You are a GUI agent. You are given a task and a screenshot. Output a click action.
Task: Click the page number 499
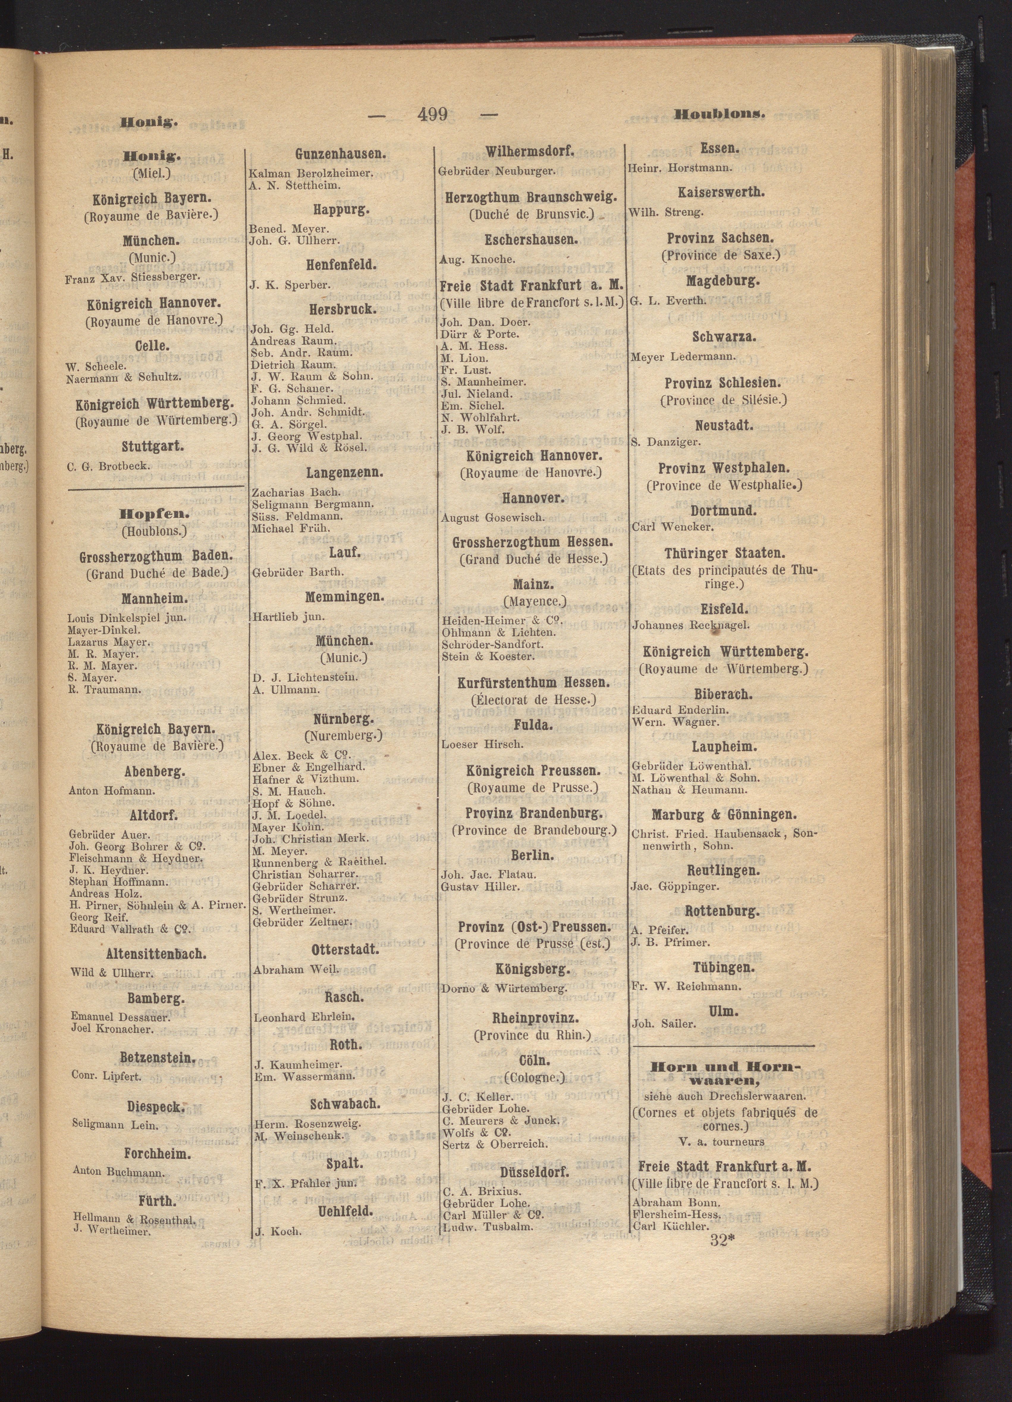[x=432, y=115]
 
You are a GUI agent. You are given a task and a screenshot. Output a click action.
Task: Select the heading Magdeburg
[x=722, y=281]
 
